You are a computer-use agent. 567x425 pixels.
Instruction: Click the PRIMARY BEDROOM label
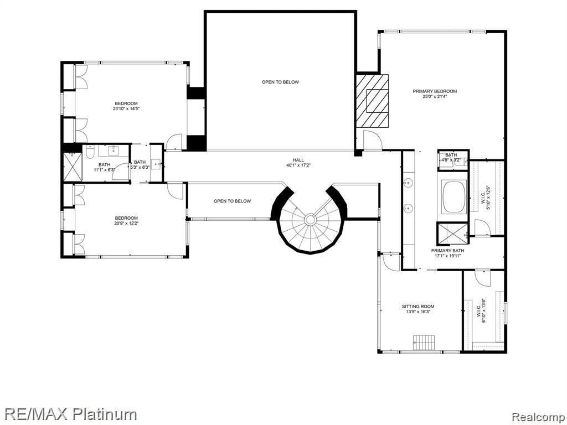click(435, 91)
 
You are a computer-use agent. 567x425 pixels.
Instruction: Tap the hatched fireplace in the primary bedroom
click(372, 100)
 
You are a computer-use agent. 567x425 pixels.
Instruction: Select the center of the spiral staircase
click(310, 220)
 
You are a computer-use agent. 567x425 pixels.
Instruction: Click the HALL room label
click(298, 160)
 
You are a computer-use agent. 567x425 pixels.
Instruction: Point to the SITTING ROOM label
click(418, 306)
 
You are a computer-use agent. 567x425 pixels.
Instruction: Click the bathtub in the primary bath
click(453, 196)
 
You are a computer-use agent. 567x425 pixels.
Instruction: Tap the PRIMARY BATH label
click(448, 251)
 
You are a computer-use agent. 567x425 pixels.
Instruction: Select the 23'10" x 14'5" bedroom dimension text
click(126, 109)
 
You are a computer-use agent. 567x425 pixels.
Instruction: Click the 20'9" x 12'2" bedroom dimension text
click(126, 224)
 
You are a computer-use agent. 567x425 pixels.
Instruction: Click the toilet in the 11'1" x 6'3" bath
click(89, 152)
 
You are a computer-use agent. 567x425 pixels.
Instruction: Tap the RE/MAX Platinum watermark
click(69, 413)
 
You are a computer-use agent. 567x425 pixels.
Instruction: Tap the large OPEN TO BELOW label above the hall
click(280, 82)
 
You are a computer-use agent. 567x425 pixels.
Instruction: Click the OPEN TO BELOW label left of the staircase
click(232, 201)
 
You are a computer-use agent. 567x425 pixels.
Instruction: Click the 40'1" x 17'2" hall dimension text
click(298, 165)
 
